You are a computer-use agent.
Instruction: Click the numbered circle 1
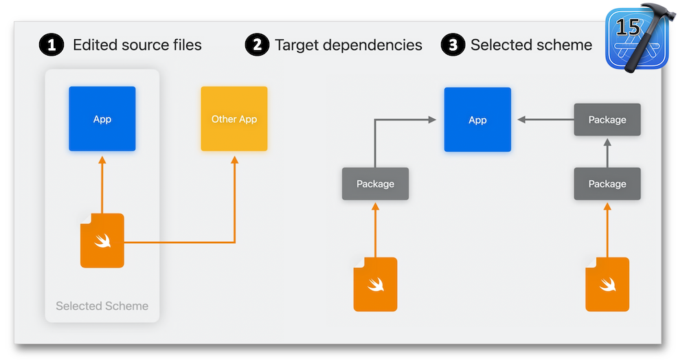[52, 45]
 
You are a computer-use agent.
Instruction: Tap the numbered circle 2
[257, 45]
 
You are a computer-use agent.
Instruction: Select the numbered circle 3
[453, 45]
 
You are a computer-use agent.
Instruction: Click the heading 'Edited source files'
[137, 45]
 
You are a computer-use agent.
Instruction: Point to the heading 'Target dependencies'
[348, 45]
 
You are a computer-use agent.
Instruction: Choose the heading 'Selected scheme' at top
[531, 45]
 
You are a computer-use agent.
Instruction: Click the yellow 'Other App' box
[234, 119]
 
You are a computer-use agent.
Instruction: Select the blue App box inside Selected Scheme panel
[102, 119]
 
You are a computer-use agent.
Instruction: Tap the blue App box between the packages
[477, 120]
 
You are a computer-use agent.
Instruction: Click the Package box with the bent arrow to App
[376, 184]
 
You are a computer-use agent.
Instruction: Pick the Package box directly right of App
[607, 120]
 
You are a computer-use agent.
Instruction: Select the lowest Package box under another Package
[607, 184]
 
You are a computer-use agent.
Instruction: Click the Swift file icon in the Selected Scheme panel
[102, 240]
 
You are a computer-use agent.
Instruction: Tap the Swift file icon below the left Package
[376, 284]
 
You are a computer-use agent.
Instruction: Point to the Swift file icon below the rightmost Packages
[607, 284]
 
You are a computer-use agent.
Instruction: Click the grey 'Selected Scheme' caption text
[102, 306]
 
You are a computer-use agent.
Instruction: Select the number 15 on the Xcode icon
[628, 27]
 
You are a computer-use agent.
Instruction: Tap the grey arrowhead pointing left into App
[521, 120]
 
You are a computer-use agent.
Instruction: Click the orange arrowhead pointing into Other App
[234, 160]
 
